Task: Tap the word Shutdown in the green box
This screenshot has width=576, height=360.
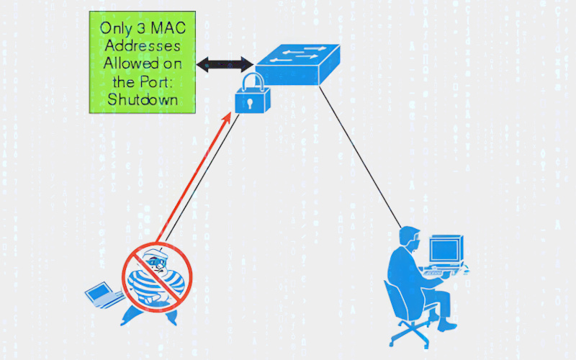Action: point(143,99)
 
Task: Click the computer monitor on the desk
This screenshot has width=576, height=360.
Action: point(445,249)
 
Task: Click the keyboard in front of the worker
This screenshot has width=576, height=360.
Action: point(441,272)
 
